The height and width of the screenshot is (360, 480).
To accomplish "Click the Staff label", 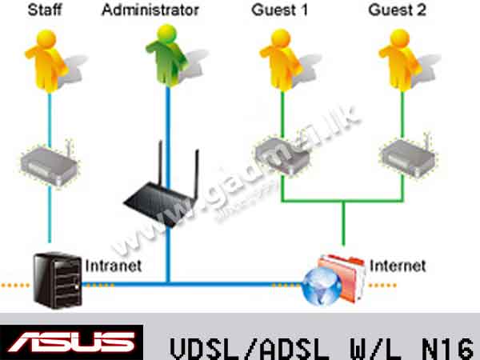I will click(x=46, y=11).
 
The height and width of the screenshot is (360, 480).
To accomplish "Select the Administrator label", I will click(x=151, y=11).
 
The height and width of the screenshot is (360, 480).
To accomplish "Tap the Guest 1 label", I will click(x=277, y=11).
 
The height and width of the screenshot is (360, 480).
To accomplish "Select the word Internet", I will click(x=398, y=265).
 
